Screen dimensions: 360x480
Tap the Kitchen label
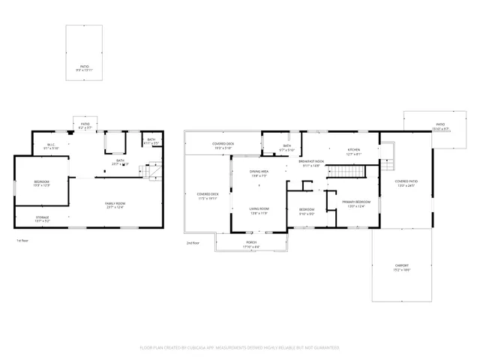pos(353,149)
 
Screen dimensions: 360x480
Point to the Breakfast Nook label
pos(311,161)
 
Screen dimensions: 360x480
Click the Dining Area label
pos(259,172)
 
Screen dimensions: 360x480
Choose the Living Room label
pos(259,208)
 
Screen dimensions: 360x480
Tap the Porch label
pos(251,242)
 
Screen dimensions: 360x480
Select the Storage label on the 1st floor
pos(42,217)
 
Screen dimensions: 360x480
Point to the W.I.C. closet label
pos(51,145)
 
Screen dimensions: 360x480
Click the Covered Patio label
pos(405,181)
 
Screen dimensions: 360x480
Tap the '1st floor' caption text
pos(22,241)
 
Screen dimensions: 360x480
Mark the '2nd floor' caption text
pos(193,243)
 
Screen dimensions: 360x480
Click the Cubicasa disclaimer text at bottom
pos(240,348)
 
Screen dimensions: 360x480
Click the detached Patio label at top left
pos(85,67)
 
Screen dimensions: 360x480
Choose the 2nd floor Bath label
pos(286,145)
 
